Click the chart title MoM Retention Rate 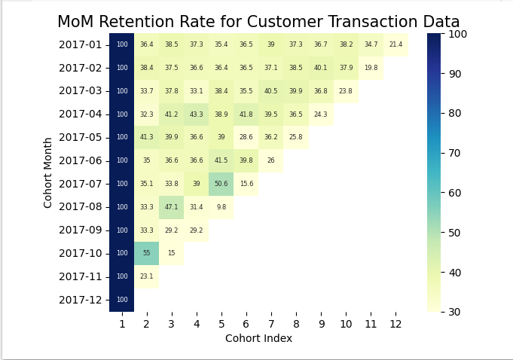click(x=258, y=22)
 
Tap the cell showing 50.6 click(x=221, y=184)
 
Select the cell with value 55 click(x=146, y=253)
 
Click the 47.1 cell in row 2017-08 click(x=171, y=207)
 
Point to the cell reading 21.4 click(x=395, y=45)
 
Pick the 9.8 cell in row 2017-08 click(x=221, y=207)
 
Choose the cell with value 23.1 click(x=146, y=276)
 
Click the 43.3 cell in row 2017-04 click(x=196, y=114)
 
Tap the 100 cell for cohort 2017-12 click(x=121, y=300)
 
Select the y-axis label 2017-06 click(x=80, y=160)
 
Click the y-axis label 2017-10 click(x=80, y=253)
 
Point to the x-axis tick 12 click(x=395, y=323)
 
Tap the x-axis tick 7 click(x=270, y=323)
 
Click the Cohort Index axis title click(x=258, y=339)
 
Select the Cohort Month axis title click(x=48, y=172)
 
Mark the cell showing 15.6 click(x=246, y=184)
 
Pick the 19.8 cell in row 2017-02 click(x=371, y=68)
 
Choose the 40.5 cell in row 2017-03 click(x=270, y=91)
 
